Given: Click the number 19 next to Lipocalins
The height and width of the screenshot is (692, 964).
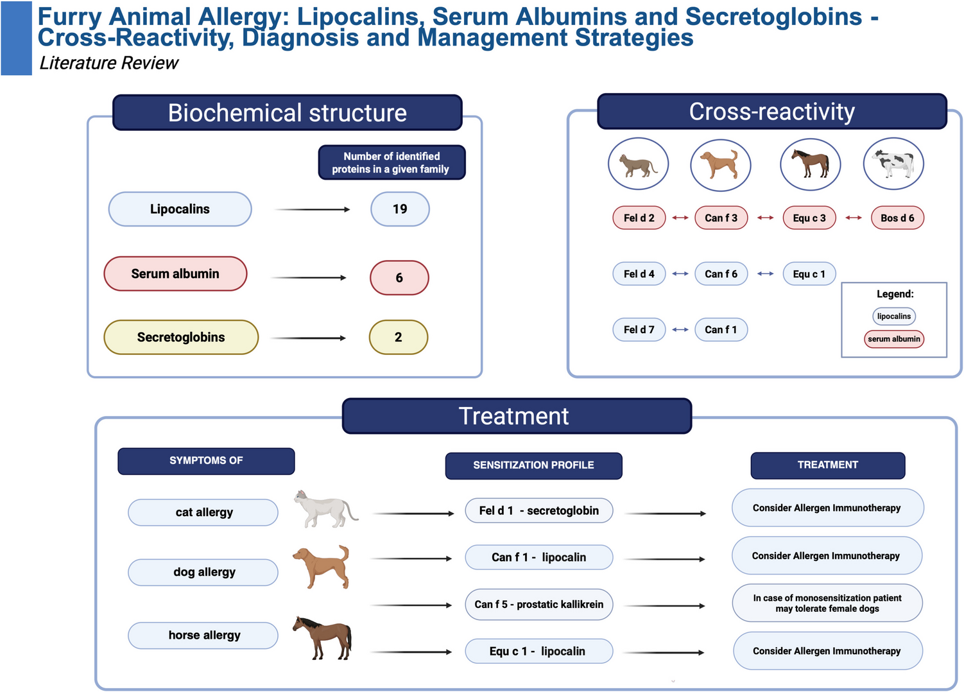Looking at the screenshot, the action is click(400, 209).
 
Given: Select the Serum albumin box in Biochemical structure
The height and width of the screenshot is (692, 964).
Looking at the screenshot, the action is click(176, 273).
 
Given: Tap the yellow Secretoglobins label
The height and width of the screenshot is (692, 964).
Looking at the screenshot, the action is click(181, 338).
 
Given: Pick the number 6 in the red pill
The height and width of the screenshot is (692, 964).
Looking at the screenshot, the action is click(399, 277).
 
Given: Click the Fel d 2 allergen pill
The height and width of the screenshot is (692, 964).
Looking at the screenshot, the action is click(639, 218).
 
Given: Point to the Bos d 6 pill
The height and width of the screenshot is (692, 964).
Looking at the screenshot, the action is click(897, 218).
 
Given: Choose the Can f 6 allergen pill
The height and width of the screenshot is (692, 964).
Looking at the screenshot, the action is click(721, 273).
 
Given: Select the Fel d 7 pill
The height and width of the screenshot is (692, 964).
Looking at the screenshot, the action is click(639, 330).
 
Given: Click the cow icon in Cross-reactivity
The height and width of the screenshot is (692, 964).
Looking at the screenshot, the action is click(893, 164).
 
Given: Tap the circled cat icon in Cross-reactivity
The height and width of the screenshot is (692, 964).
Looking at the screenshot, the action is click(638, 164).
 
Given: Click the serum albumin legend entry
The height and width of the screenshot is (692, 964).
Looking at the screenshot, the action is click(894, 339).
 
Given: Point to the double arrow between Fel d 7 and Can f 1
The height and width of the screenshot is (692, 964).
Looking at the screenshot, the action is click(680, 330).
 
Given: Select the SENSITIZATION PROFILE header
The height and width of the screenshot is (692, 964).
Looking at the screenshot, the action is click(533, 465).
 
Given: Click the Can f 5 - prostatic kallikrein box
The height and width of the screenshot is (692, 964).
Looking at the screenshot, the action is click(539, 604).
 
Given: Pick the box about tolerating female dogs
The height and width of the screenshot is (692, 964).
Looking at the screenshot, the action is click(827, 603).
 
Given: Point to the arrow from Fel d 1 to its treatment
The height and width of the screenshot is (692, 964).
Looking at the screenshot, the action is click(666, 514).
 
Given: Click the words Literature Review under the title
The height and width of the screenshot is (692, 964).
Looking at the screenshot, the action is click(109, 64).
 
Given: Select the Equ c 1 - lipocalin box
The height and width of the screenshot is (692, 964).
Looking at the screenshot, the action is click(539, 651).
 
